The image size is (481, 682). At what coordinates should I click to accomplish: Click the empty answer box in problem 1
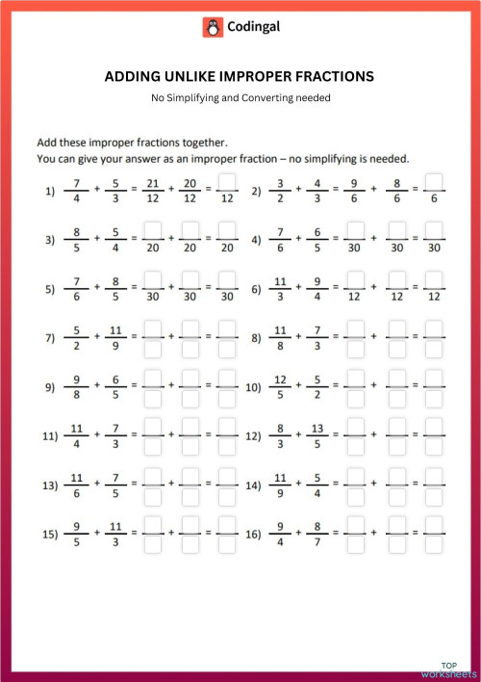[227, 182]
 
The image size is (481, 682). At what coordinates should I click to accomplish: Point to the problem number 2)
[257, 191]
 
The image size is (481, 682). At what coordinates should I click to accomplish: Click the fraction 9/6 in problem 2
[355, 191]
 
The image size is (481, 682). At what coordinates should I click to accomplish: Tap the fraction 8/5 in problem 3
[76, 241]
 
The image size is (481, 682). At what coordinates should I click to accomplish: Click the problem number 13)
[51, 485]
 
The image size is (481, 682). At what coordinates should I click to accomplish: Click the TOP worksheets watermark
[448, 669]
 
